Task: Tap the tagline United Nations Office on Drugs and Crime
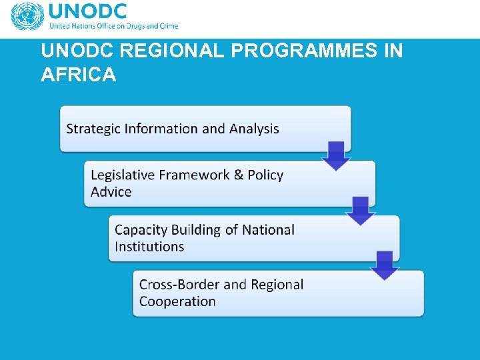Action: (x=113, y=27)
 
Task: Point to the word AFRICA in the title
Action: (x=78, y=75)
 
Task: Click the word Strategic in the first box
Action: (x=93, y=129)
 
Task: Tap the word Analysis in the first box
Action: (x=254, y=129)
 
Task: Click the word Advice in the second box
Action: (x=111, y=192)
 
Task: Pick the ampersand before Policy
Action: (x=238, y=175)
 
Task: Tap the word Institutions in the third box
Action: (x=149, y=247)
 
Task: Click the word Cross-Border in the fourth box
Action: (x=179, y=285)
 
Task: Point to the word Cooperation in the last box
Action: (x=177, y=301)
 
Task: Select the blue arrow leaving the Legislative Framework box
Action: (x=361, y=211)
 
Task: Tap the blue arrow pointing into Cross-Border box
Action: (x=384, y=265)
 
